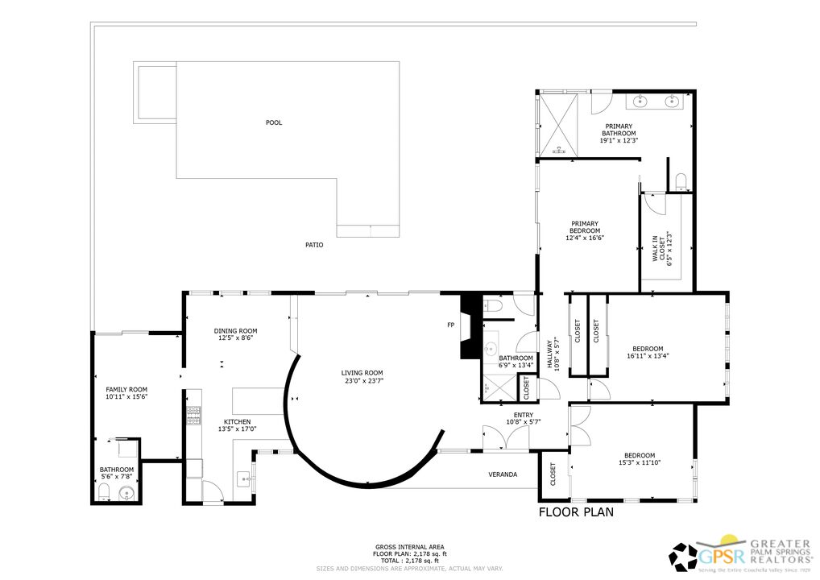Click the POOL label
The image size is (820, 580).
(x=274, y=122)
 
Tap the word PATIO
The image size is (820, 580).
(x=314, y=245)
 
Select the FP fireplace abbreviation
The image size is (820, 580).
(x=451, y=325)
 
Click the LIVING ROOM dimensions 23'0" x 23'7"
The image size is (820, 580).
(x=362, y=381)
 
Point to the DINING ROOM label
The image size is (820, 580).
(x=235, y=330)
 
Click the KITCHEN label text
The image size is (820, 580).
(x=237, y=421)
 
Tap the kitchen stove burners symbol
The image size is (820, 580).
(x=193, y=415)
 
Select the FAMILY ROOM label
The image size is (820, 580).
(x=126, y=389)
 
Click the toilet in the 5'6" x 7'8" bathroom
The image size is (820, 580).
(x=104, y=491)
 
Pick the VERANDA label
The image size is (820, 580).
(x=503, y=474)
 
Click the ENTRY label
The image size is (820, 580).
(x=524, y=415)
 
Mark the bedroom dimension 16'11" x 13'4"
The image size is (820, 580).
(x=648, y=355)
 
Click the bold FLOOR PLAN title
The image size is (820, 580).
(x=576, y=512)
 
